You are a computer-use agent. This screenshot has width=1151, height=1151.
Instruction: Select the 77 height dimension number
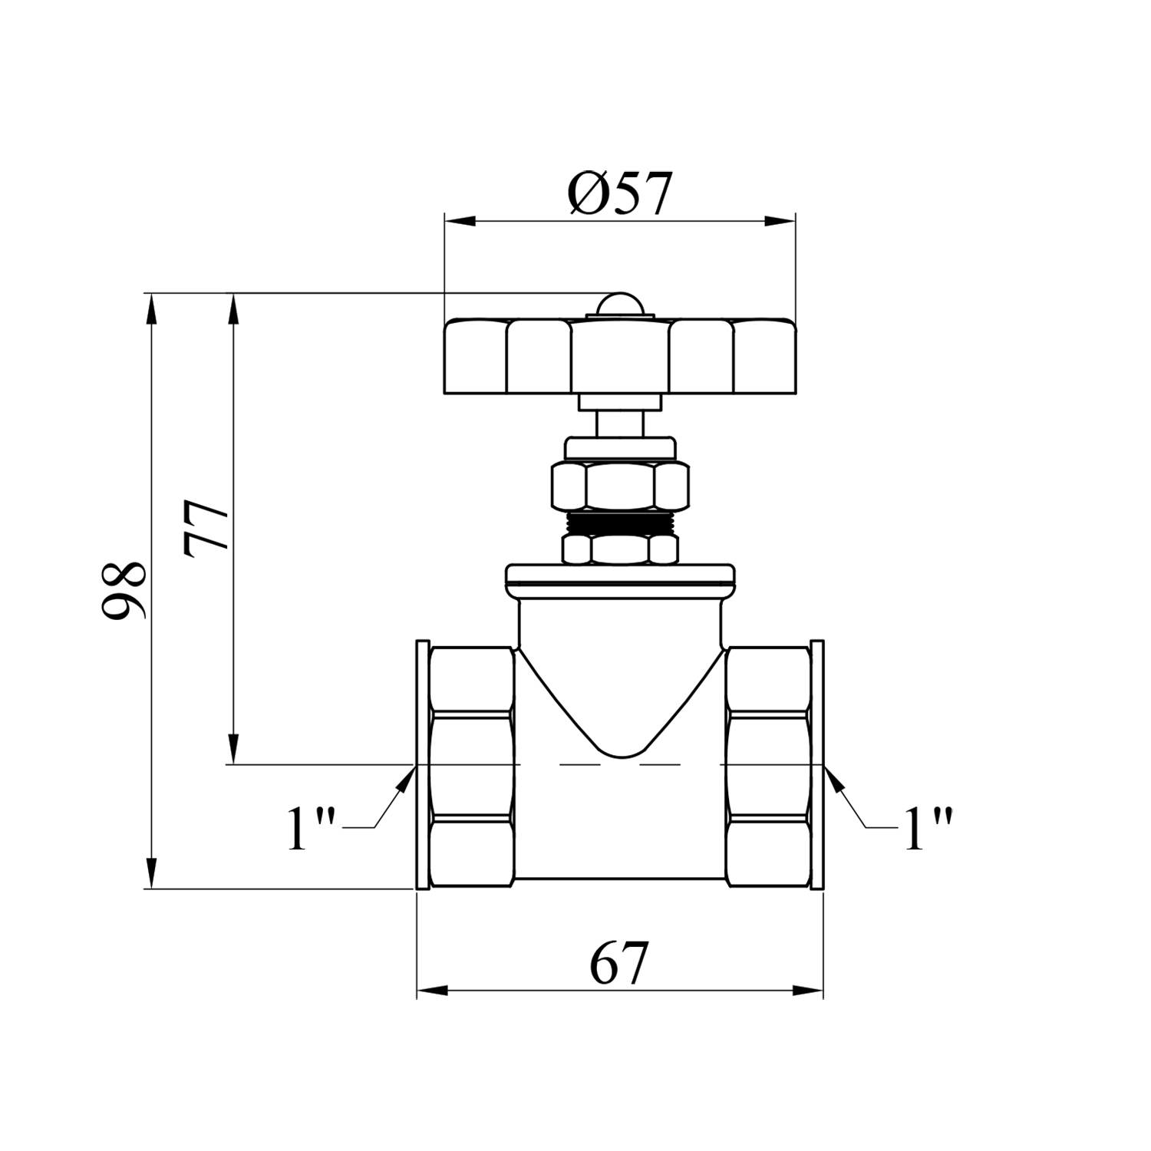pyautogui.click(x=206, y=529)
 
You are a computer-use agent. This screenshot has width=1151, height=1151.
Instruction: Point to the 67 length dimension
pyautogui.click(x=620, y=962)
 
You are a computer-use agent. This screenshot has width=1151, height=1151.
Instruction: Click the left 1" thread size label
pyautogui.click(x=311, y=828)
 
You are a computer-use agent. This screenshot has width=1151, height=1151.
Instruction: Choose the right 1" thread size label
pyautogui.click(x=928, y=828)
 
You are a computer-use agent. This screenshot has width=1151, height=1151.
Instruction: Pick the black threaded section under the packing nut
pyautogui.click(x=619, y=523)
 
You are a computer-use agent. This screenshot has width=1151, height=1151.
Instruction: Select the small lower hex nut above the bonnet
pyautogui.click(x=619, y=549)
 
